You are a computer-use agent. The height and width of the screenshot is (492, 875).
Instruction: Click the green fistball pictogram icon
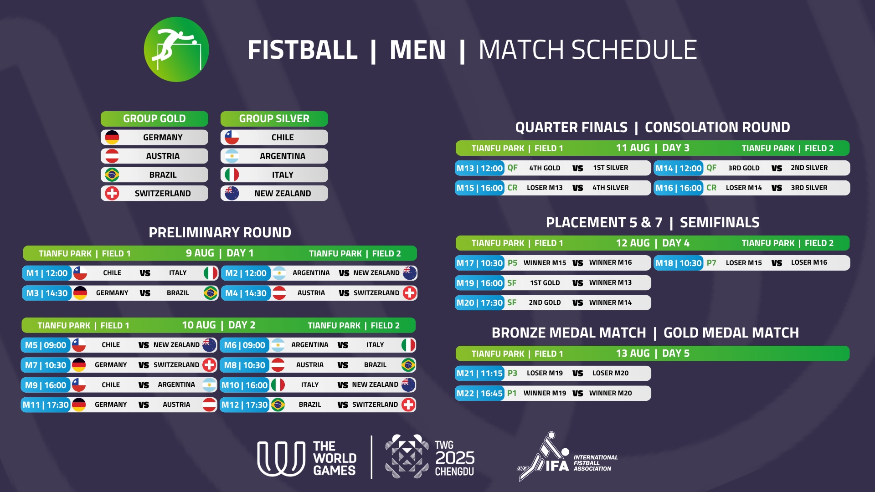(176, 49)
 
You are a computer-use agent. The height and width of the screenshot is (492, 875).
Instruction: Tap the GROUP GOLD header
(154, 118)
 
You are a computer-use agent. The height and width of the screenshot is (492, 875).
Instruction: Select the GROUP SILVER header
(274, 118)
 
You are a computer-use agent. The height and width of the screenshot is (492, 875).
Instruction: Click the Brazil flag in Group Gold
(112, 174)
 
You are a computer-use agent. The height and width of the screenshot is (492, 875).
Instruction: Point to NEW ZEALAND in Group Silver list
(283, 193)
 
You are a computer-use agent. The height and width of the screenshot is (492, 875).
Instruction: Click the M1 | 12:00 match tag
(47, 273)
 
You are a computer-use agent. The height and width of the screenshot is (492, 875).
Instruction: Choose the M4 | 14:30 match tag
(246, 293)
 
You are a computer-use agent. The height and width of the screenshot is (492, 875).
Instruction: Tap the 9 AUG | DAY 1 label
(220, 253)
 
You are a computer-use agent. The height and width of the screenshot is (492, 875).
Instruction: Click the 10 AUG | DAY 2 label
(219, 325)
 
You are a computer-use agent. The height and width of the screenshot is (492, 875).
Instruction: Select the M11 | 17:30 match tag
(46, 405)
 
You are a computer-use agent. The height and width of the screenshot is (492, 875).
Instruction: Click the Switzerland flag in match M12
(409, 405)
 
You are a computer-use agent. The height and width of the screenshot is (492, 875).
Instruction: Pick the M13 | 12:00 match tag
(480, 168)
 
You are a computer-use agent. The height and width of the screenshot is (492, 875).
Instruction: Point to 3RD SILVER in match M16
(809, 188)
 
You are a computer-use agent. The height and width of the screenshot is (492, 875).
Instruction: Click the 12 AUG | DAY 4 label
(653, 243)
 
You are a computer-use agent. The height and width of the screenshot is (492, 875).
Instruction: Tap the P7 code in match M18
(711, 263)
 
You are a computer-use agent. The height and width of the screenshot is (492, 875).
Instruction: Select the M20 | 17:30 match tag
(480, 302)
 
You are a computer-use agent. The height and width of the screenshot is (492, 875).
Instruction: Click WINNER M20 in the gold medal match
(610, 393)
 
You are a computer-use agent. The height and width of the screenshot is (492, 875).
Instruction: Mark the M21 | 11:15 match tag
(480, 374)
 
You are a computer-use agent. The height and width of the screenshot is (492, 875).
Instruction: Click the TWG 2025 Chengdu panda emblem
(407, 456)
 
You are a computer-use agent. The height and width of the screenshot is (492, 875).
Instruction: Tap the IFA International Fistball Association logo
(567, 457)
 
